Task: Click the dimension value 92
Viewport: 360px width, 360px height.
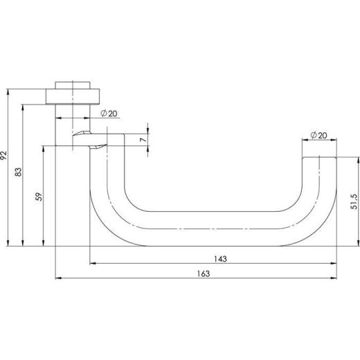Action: click(4, 155)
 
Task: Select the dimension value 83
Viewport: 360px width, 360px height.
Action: click(18, 172)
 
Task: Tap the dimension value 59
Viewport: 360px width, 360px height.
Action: click(39, 197)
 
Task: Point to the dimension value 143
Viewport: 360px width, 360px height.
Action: click(220, 259)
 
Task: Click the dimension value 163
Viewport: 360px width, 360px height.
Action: click(204, 273)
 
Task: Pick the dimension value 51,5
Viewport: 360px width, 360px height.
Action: click(354, 202)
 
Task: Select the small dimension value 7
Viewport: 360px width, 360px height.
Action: click(143, 140)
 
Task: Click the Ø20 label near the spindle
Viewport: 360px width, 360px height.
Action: click(109, 114)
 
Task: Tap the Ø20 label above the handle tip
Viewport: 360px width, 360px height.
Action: click(318, 135)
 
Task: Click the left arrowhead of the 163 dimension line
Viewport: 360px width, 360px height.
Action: click(58, 278)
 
